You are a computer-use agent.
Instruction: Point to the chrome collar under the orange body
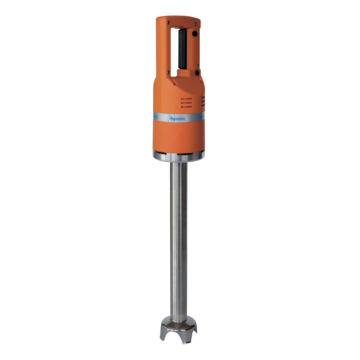(x=181, y=161)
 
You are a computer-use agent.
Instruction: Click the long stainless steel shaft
(x=180, y=240)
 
